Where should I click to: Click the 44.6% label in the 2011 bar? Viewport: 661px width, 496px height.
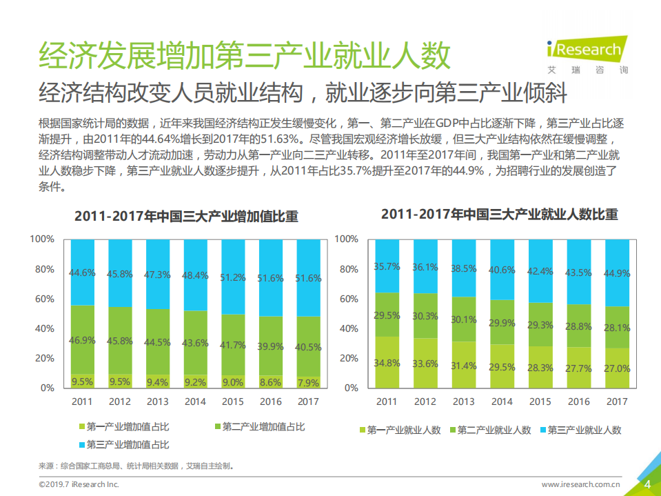[x=82, y=272]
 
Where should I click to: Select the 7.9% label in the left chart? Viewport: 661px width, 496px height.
[x=308, y=381]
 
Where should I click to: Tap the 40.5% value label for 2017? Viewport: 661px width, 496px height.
[x=308, y=347]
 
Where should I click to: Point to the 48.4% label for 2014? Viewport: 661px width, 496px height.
[x=195, y=275]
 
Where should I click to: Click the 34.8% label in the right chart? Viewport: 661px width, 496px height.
[x=387, y=363]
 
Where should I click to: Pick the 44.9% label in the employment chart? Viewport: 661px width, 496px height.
[x=617, y=272]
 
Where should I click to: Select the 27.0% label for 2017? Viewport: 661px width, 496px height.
[x=617, y=368]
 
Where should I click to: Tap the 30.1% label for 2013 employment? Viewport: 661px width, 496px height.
[x=464, y=319]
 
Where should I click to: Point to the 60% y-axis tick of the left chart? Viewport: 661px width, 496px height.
[x=44, y=299]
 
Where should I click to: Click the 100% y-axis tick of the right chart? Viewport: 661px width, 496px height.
[x=347, y=239]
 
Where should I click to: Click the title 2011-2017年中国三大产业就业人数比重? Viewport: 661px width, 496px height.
[x=500, y=215]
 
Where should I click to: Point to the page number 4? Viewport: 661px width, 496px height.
[x=647, y=484]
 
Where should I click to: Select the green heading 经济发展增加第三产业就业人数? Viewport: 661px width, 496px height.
[x=245, y=57]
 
